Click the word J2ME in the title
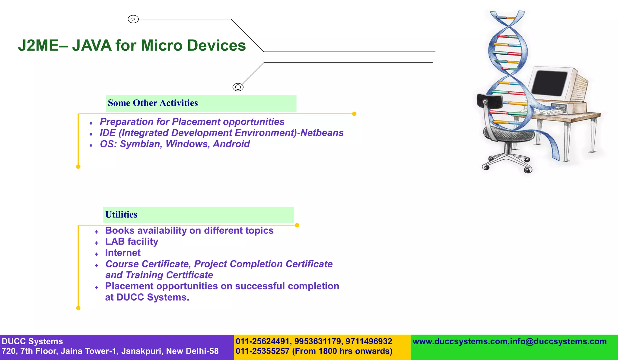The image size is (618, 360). [38, 46]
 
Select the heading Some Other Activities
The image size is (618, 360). [153, 103]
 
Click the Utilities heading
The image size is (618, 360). [121, 215]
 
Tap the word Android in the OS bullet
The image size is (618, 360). [231, 144]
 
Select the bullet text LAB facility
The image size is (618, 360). [132, 242]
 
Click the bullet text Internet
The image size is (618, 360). [123, 253]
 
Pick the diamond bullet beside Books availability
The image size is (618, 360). [97, 232]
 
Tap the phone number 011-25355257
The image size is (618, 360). [263, 351]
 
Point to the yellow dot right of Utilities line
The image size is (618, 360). [297, 225]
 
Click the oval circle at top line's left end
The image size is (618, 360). [133, 19]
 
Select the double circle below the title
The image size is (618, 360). [238, 87]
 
